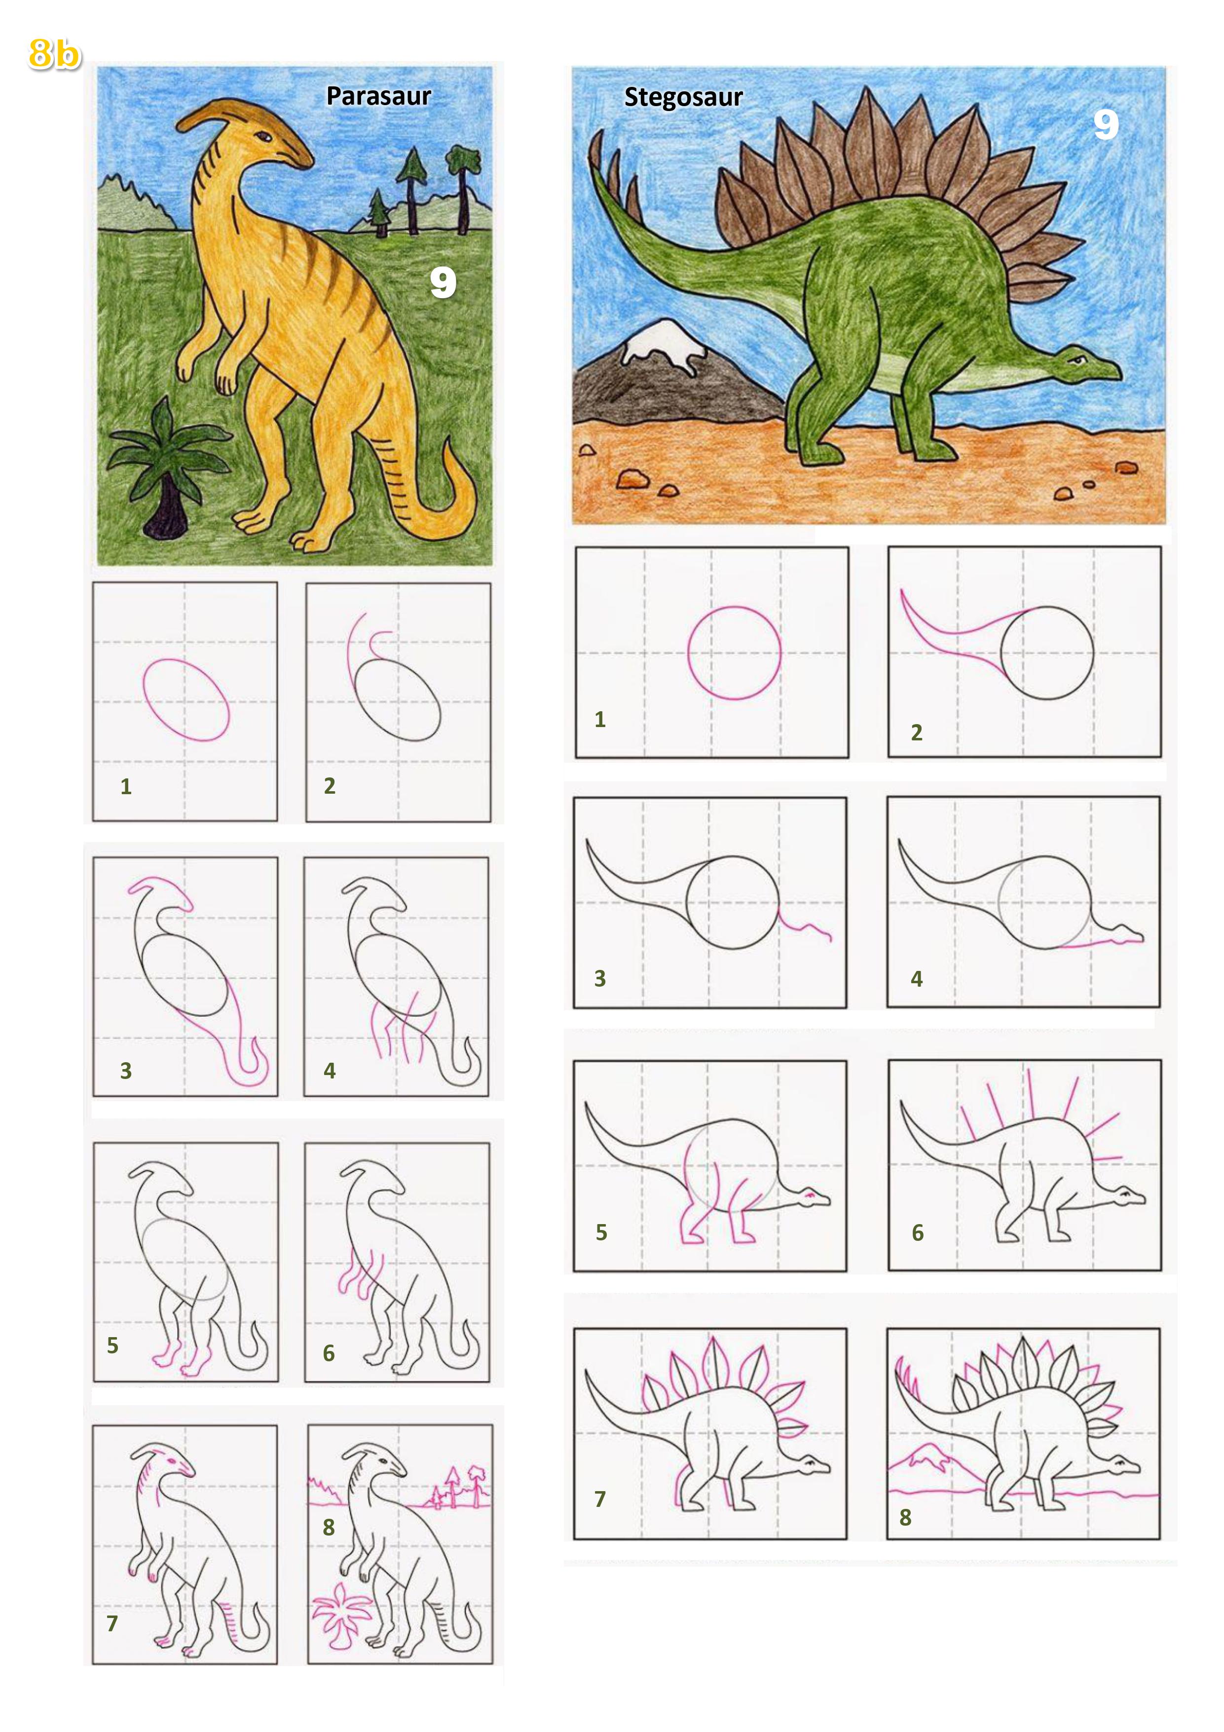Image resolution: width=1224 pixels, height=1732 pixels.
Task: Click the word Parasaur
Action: [378, 97]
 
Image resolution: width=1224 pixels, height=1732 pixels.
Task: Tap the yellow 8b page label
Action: [54, 54]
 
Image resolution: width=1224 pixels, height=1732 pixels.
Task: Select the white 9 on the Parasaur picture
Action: [444, 282]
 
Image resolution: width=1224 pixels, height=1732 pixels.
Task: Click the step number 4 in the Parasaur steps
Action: [330, 1071]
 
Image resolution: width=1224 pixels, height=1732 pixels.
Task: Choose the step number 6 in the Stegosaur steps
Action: [918, 1232]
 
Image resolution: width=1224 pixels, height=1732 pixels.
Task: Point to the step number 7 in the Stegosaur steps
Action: [600, 1499]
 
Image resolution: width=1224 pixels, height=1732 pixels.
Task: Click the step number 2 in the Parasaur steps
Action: [330, 786]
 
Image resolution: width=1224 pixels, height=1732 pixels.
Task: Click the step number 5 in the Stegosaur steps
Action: [601, 1232]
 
